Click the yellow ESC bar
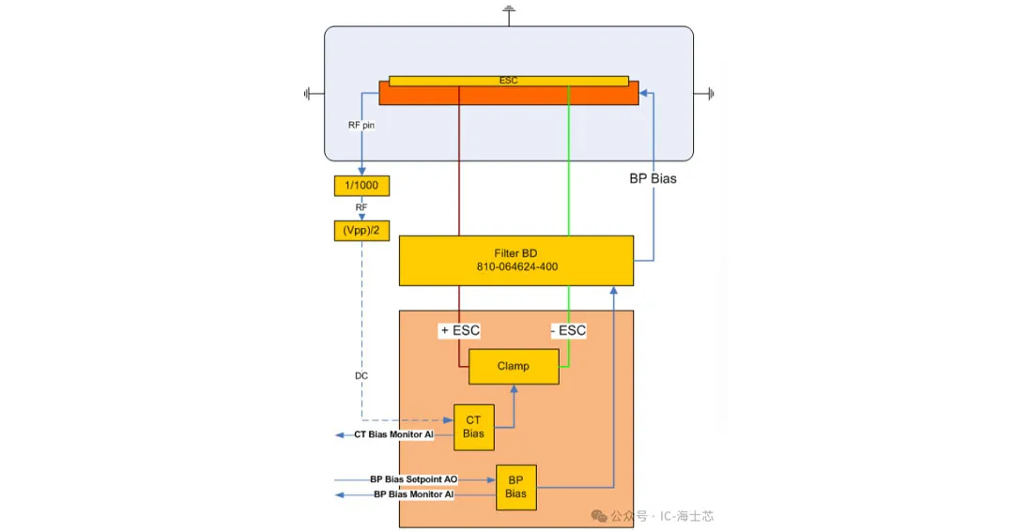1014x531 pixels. coord(508,81)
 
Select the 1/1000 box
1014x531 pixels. coord(361,186)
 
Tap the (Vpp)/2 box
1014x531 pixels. coord(361,230)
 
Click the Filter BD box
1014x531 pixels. coord(516,253)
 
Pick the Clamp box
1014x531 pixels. coord(513,366)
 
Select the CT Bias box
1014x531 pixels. coord(473,427)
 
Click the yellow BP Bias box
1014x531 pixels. coord(515,486)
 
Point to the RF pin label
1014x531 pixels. coord(361,125)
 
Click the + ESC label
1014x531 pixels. coord(460,330)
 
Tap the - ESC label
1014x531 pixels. coord(568,330)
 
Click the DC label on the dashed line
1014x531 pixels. coord(361,375)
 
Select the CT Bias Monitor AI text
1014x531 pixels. coord(394,435)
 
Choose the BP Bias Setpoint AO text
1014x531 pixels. coord(414,479)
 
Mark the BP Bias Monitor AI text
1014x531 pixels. coord(414,493)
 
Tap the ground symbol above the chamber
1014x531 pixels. coord(509,12)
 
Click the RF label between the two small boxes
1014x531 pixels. coord(361,207)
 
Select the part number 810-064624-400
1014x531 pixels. coord(516,267)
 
